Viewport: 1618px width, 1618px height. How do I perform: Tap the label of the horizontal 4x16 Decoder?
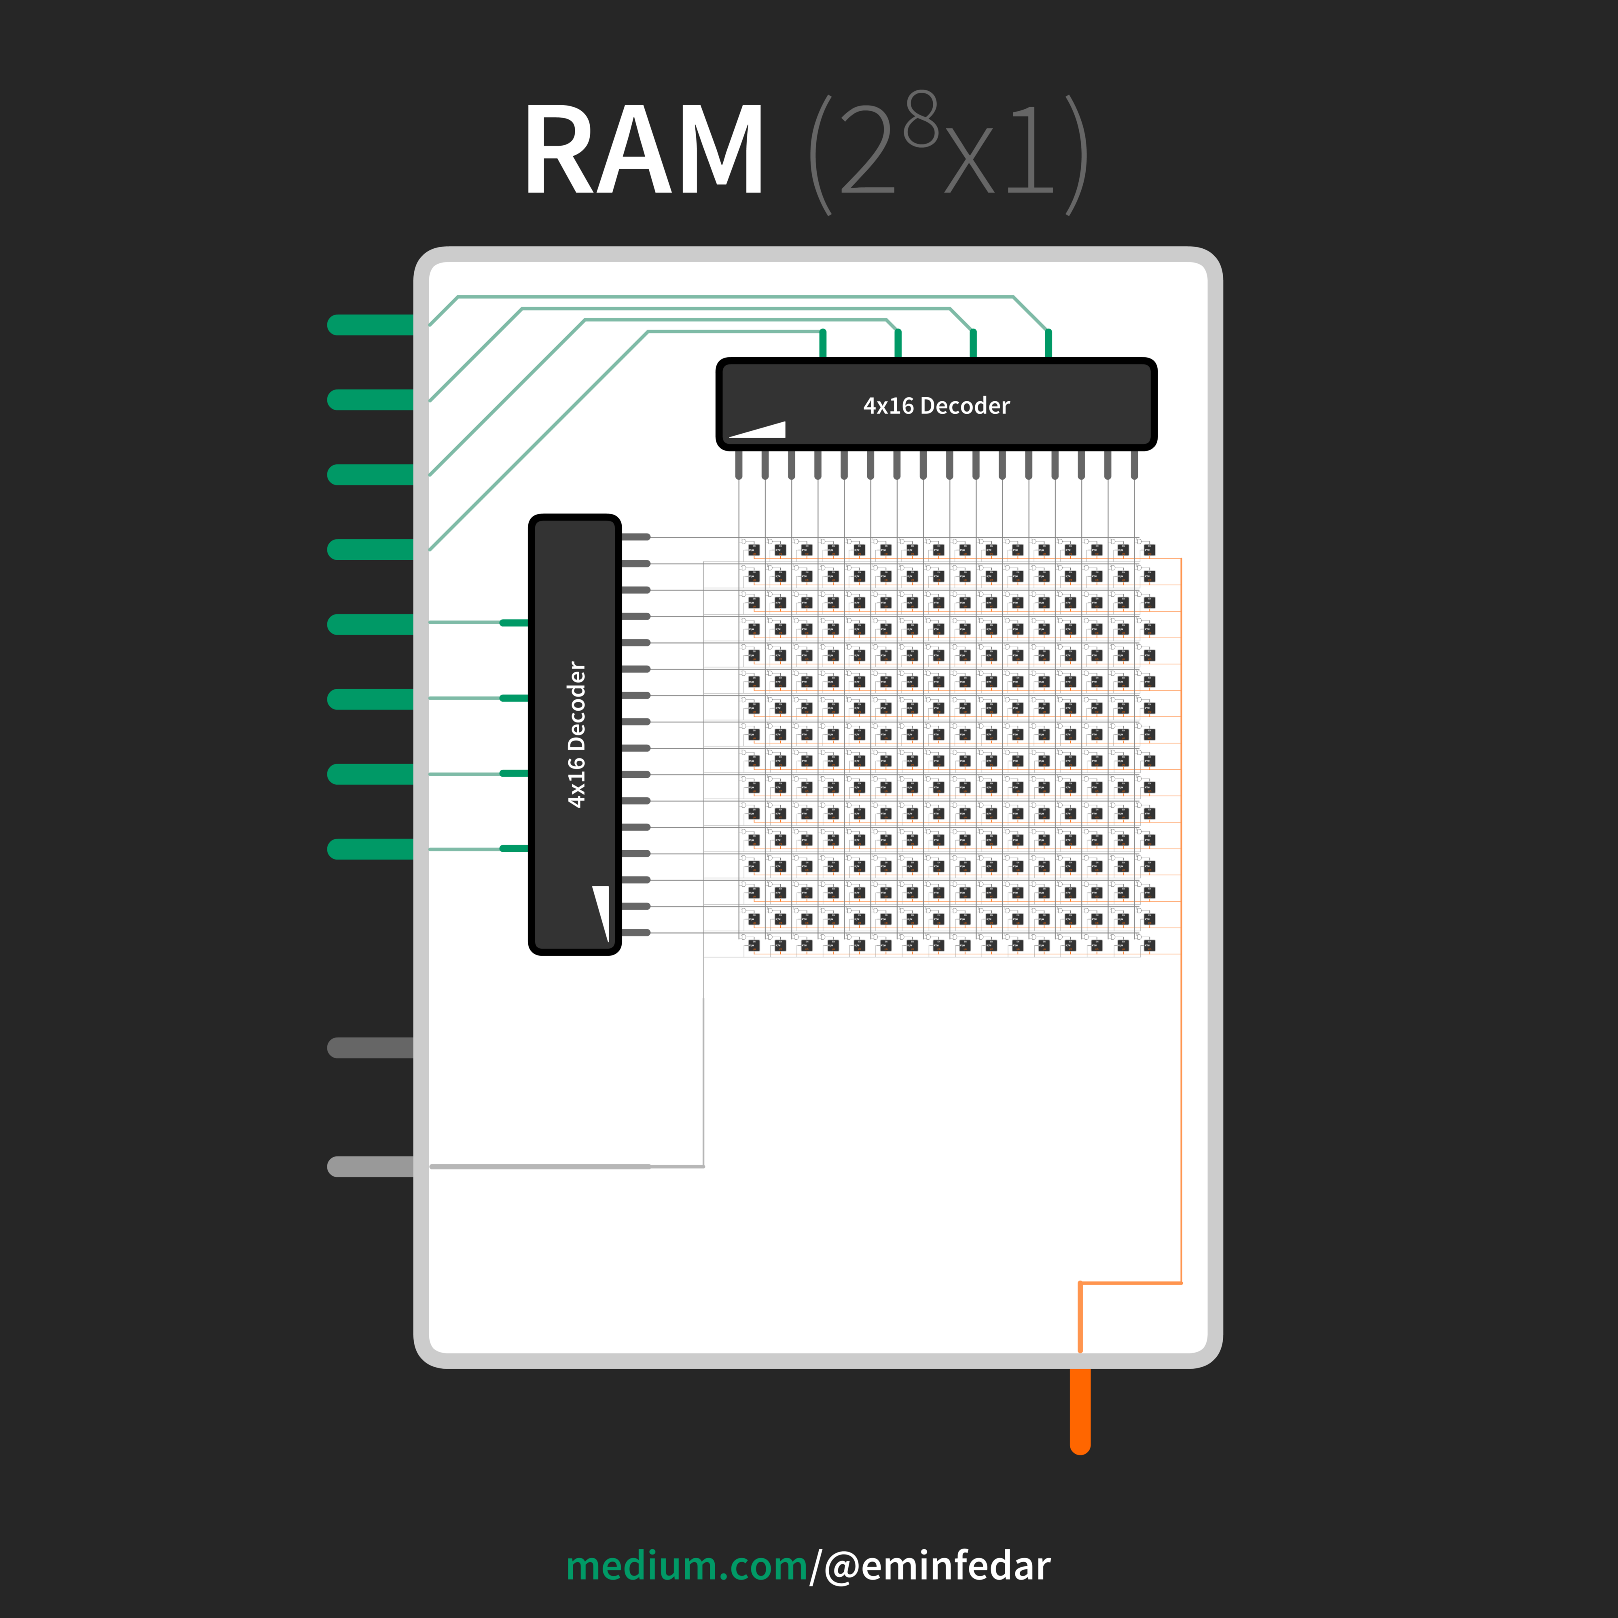tap(936, 406)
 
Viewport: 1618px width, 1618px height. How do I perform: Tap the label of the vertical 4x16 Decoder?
tap(576, 735)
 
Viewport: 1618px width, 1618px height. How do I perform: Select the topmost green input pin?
tap(370, 325)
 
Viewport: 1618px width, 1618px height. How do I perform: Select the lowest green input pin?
tap(370, 849)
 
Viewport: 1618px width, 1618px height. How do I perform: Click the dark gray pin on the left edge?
tap(370, 1048)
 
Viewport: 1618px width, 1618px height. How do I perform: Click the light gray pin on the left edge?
tap(370, 1167)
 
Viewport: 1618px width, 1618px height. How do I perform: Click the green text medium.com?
tap(687, 1566)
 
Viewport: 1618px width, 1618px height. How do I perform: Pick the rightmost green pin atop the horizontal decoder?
tap(1048, 343)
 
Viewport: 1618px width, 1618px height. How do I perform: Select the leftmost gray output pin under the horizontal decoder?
tap(739, 465)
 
